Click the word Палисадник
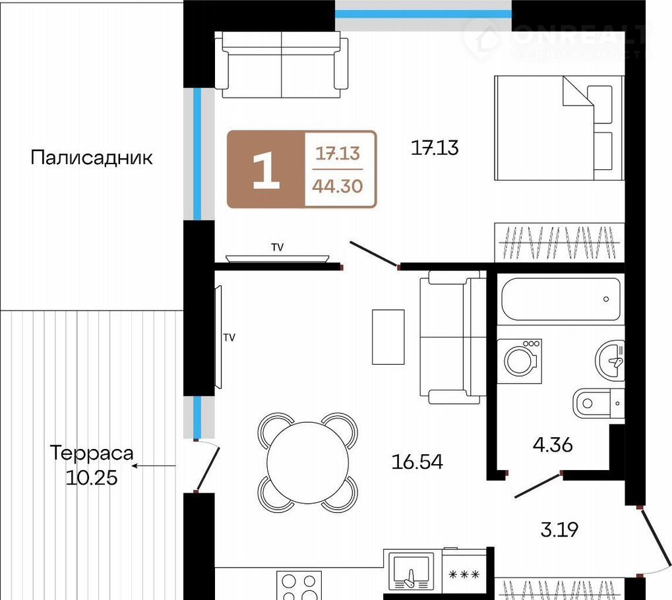91,158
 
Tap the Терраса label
92,453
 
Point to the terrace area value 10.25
91,477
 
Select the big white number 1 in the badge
266,170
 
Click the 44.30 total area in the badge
337,186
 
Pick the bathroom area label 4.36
553,445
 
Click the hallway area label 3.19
559,529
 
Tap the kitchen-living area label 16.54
417,462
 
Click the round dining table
308,462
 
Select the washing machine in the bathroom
520,361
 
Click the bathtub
561,299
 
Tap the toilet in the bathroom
598,404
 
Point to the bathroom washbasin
610,360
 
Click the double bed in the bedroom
559,128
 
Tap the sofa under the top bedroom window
282,65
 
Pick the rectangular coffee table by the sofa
388,337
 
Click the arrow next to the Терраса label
154,465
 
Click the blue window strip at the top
423,14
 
